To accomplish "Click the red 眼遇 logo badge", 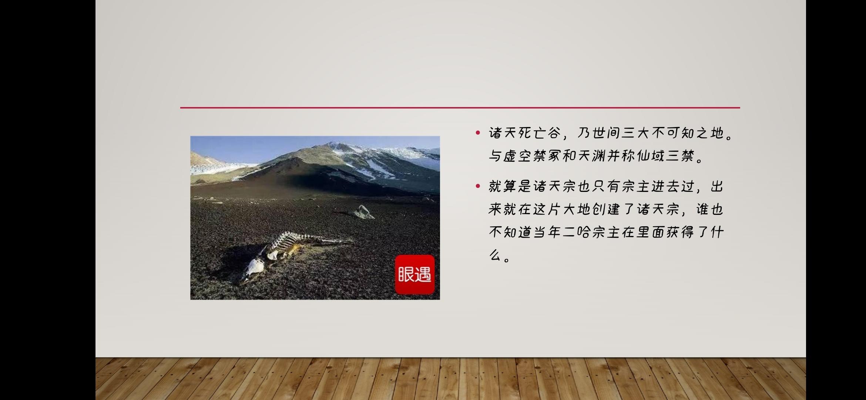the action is click(x=415, y=274).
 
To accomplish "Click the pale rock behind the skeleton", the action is click(x=364, y=212).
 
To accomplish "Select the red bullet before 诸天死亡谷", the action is click(x=478, y=133).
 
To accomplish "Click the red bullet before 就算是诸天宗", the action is click(x=478, y=186).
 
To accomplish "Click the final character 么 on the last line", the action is click(x=495, y=255).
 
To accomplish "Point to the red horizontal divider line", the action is click(x=460, y=108).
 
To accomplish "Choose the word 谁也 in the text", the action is click(x=710, y=209).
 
